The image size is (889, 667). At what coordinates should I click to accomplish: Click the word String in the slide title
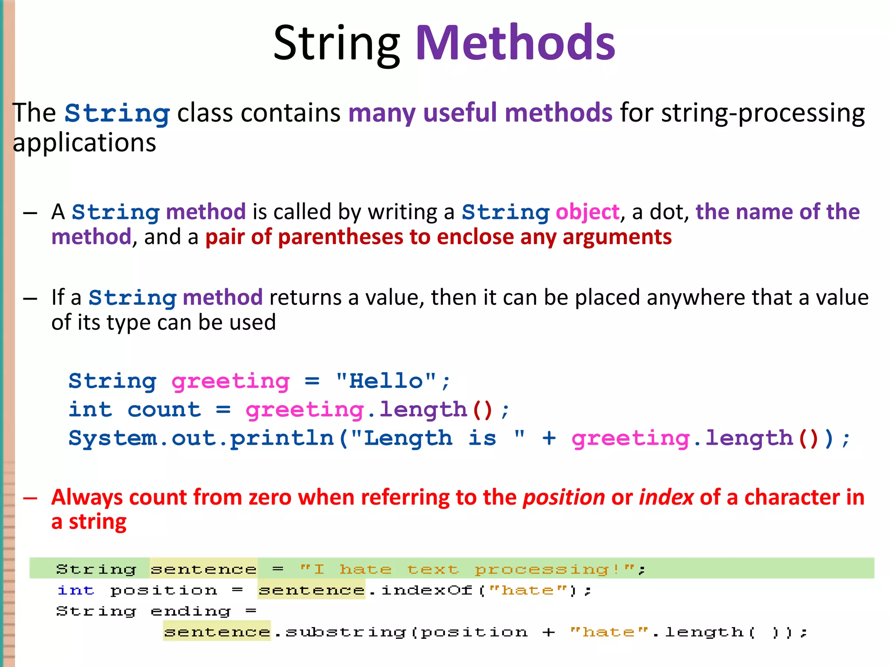coord(337,43)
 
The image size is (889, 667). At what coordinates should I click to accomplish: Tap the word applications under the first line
coord(84,143)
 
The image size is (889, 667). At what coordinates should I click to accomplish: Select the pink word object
coord(587,212)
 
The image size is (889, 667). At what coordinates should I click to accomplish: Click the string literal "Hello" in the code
coord(386,381)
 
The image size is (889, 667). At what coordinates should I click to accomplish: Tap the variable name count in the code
coord(164,409)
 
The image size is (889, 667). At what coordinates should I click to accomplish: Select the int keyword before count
coord(90,409)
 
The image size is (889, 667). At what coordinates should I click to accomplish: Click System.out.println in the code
coord(201,438)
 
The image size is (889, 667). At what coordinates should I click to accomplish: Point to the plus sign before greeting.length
coord(549,438)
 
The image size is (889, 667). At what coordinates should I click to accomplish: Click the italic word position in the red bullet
coord(563,497)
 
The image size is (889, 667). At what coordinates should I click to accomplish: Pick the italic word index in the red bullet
coord(666,497)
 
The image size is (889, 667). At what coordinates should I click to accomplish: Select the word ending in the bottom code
coord(191,611)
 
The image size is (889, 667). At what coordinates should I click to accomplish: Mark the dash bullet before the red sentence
coord(30,498)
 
